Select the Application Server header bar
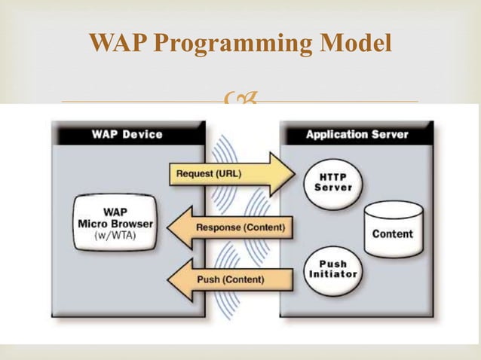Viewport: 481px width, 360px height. click(357, 135)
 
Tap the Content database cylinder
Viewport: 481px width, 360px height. click(392, 230)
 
